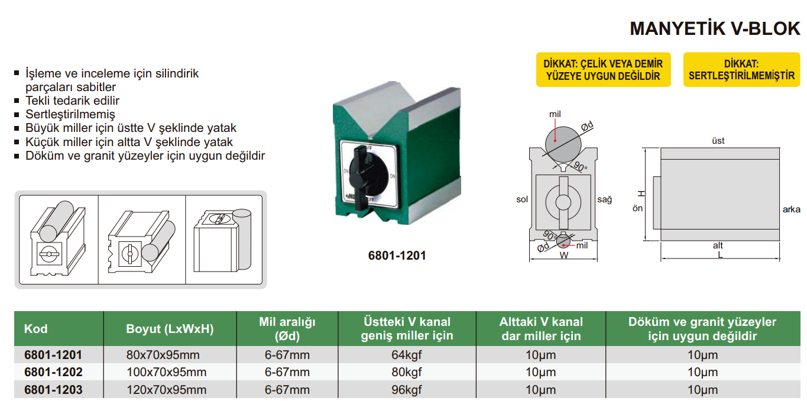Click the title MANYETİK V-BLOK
click(715, 28)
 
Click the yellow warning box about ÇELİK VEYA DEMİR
click(603, 70)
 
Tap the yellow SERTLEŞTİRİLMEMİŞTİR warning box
click(741, 70)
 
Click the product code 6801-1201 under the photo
click(397, 256)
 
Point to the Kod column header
click(35, 329)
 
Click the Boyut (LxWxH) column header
click(170, 329)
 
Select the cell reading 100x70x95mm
click(167, 373)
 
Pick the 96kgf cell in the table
click(407, 390)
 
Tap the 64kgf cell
click(407, 355)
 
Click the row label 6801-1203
click(53, 390)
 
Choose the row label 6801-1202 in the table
click(53, 373)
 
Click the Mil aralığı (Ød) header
click(287, 329)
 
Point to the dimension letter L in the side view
click(720, 255)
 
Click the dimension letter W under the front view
click(563, 256)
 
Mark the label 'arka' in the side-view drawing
click(791, 209)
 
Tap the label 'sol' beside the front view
click(521, 200)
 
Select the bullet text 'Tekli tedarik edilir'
click(72, 101)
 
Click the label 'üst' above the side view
click(718, 141)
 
